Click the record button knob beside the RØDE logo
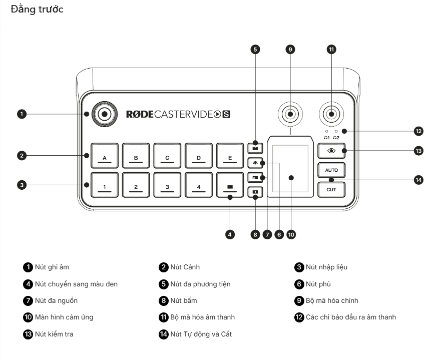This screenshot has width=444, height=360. click(104, 114)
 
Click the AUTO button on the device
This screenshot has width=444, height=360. click(331, 170)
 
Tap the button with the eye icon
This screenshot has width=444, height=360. click(331, 151)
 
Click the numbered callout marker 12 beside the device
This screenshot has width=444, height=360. click(418, 131)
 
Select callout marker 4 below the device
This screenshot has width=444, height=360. click(230, 234)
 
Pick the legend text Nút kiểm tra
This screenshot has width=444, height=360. click(54, 333)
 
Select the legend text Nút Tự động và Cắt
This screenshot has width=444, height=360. click(201, 333)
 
